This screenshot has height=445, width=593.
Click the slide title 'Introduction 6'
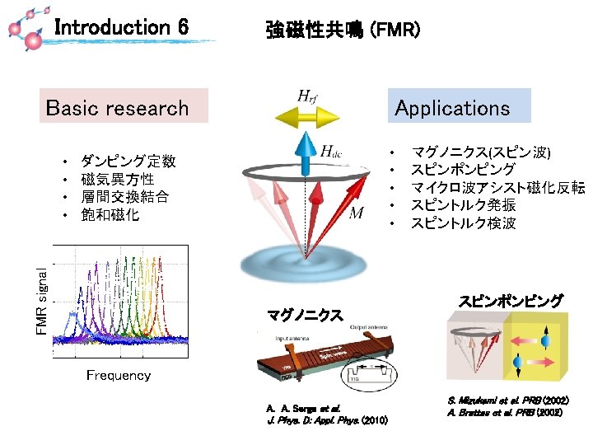(121, 28)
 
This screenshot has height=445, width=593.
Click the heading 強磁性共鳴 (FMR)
(343, 30)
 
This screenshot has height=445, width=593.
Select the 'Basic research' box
(118, 108)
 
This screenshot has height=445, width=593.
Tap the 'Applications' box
(452, 107)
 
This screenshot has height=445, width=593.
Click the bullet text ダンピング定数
(128, 162)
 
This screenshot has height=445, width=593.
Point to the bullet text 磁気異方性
(118, 179)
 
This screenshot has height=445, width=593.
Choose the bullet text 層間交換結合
(125, 197)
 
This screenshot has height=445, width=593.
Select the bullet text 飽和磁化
(110, 215)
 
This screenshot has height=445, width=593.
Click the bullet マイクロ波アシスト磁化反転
(497, 188)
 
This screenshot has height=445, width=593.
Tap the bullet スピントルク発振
(464, 205)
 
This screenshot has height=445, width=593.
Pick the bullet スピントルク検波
(464, 222)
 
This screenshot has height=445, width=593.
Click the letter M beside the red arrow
(357, 214)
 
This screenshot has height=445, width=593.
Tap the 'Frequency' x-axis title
(119, 376)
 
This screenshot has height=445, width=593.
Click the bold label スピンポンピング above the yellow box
(510, 301)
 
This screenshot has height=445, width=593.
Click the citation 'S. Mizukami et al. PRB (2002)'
(508, 400)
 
